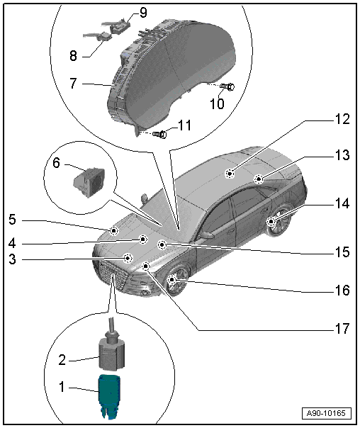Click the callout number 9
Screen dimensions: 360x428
click(143, 13)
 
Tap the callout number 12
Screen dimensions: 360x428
click(342, 119)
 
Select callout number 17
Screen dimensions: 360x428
click(342, 329)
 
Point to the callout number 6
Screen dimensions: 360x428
click(56, 163)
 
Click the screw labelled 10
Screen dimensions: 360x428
click(227, 86)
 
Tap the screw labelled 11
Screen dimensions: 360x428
click(159, 134)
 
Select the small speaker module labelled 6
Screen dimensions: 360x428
click(89, 181)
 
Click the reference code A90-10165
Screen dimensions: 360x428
click(326, 413)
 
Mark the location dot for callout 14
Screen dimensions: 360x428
click(271, 221)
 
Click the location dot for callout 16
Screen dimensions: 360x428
click(172, 280)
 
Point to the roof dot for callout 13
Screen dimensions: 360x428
click(258, 179)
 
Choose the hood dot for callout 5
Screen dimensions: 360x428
click(113, 231)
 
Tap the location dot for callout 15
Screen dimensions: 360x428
click(162, 245)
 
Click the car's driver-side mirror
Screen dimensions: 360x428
click(206, 235)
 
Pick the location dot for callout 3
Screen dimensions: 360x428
click(128, 258)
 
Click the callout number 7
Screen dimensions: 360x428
click(73, 83)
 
